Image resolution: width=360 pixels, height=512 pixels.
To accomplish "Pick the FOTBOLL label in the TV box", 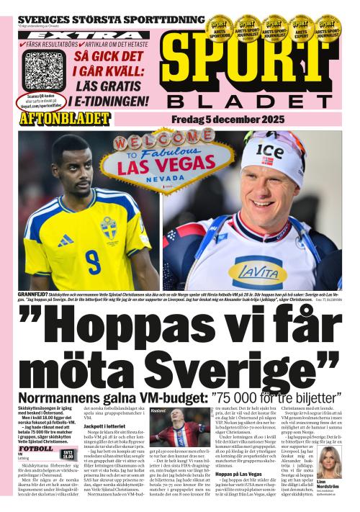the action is click(x=36, y=449).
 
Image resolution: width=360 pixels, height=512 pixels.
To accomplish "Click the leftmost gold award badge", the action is click(x=217, y=27).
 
